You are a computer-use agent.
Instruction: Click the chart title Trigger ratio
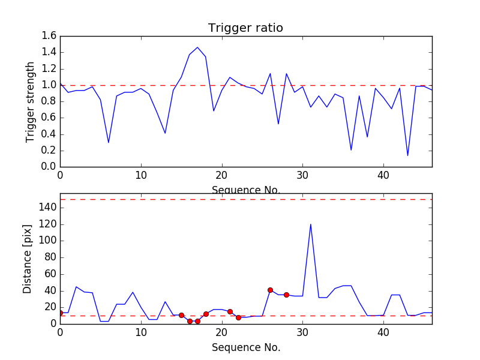(245, 28)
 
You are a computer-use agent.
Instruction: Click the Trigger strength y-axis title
(31, 101)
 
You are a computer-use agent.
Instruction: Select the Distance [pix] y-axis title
(28, 259)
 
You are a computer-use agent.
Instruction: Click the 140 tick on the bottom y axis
(47, 208)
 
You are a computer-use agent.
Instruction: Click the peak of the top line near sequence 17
(197, 47)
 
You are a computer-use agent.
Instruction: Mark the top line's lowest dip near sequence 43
(407, 155)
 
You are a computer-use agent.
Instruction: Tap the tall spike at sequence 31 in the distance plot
(310, 224)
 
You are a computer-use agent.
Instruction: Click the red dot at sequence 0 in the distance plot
(60, 313)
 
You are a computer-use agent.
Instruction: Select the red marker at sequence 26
(270, 290)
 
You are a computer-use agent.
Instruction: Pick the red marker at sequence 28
(286, 295)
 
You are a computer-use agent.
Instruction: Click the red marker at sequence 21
(230, 311)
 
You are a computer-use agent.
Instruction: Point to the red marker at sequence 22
(238, 317)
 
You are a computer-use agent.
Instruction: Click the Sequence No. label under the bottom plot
(245, 347)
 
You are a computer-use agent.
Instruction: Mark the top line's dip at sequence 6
(109, 142)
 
